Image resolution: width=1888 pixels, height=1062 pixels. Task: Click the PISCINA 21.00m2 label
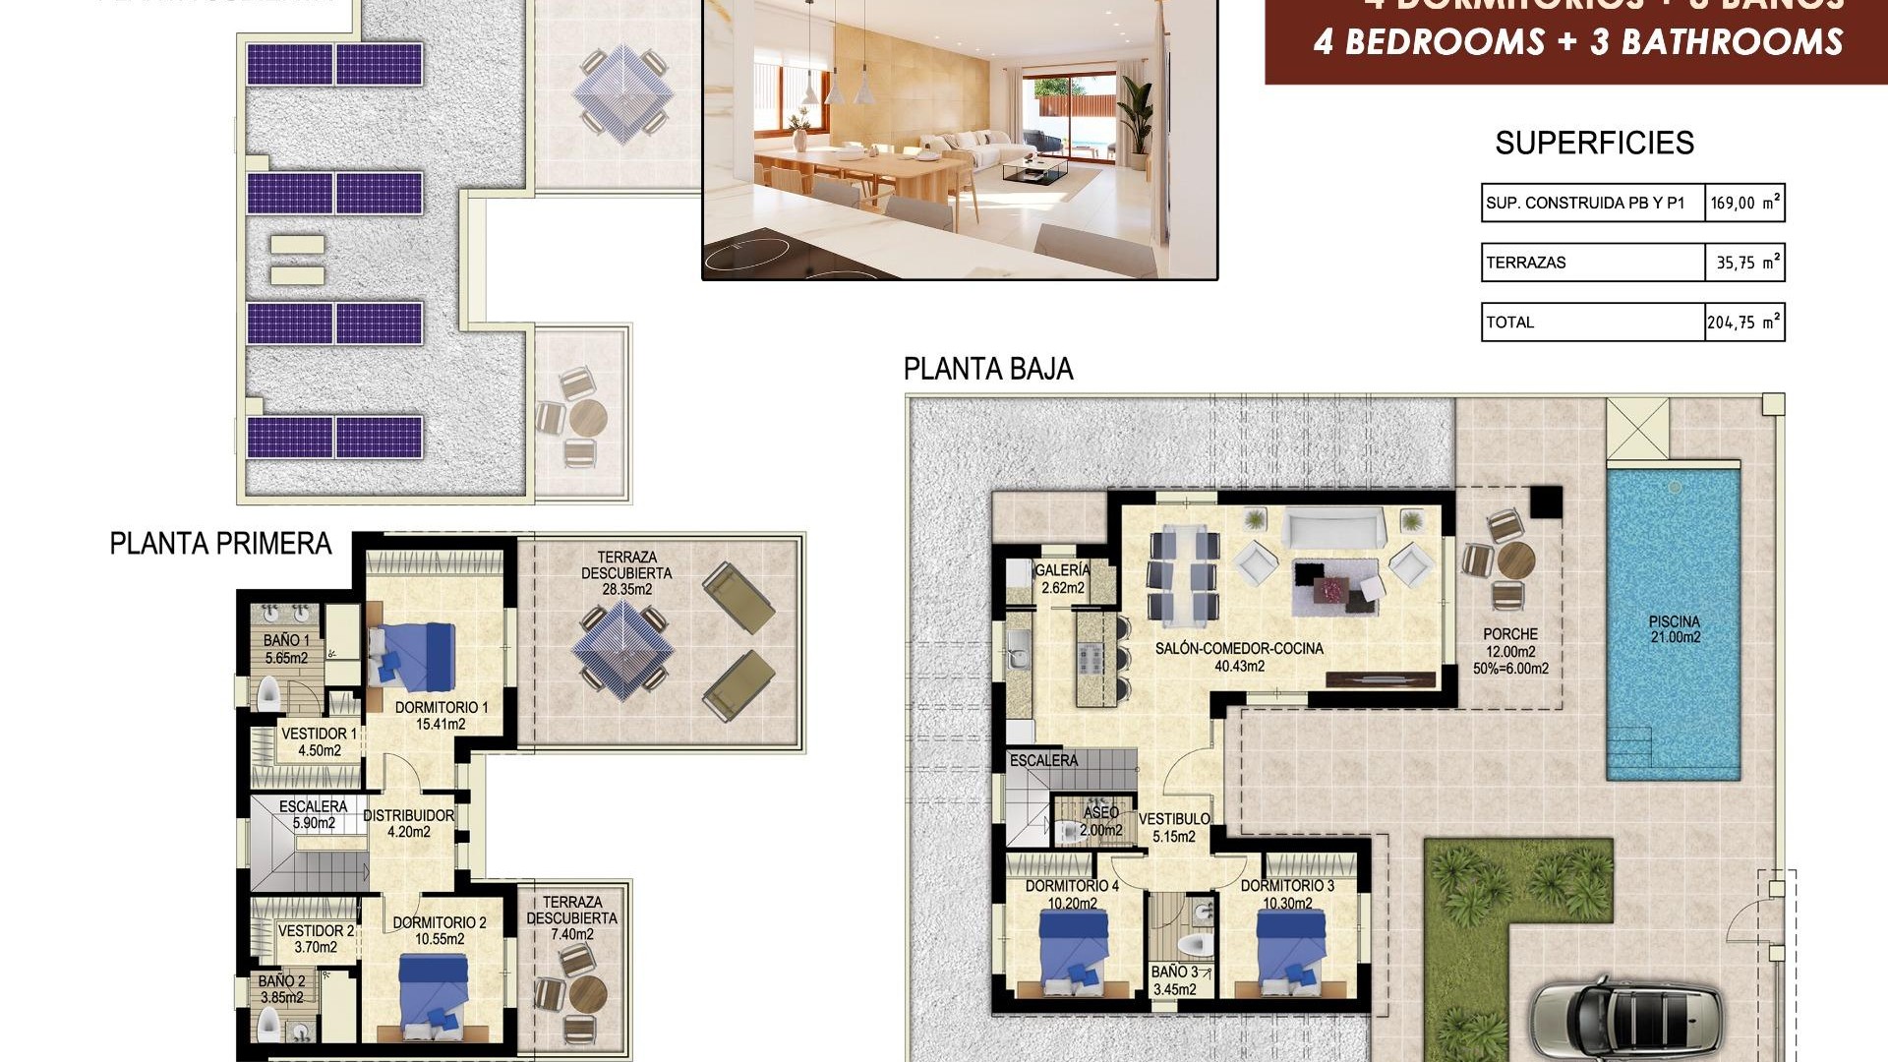point(1675,629)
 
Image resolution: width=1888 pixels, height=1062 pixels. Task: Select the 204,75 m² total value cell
point(1743,322)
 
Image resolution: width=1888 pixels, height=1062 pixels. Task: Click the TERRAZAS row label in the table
point(1526,263)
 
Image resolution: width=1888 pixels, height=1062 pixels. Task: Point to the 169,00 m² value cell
point(1744,204)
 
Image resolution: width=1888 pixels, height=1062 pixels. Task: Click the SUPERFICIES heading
point(1594,144)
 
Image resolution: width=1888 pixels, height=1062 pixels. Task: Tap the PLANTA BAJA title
point(987,370)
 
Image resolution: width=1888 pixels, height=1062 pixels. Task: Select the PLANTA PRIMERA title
point(220,544)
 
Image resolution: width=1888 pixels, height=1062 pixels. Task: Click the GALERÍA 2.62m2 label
point(1062,579)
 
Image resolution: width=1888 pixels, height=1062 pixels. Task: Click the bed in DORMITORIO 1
point(413,656)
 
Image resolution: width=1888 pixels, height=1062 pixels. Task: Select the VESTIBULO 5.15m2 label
point(1174,827)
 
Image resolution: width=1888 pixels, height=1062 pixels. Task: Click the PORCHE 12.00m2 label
point(1510,651)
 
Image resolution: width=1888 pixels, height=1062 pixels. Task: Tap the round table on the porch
point(1515,561)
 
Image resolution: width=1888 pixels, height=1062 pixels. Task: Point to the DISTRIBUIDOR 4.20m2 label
point(408,823)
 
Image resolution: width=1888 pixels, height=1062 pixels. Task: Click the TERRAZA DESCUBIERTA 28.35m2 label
point(626,573)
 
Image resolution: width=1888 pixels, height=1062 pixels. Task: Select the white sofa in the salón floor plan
point(1333,528)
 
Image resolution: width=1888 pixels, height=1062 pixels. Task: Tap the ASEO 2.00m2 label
point(1100,821)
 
